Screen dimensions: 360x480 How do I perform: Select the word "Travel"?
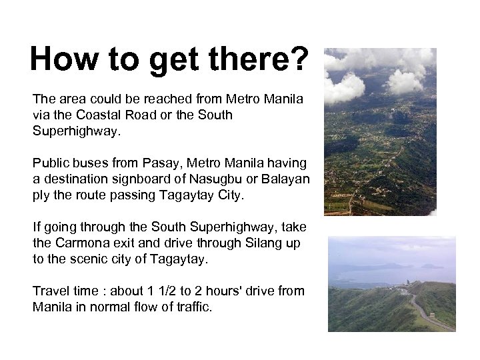pos(50,291)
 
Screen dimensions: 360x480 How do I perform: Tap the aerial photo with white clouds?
pos(380,131)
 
